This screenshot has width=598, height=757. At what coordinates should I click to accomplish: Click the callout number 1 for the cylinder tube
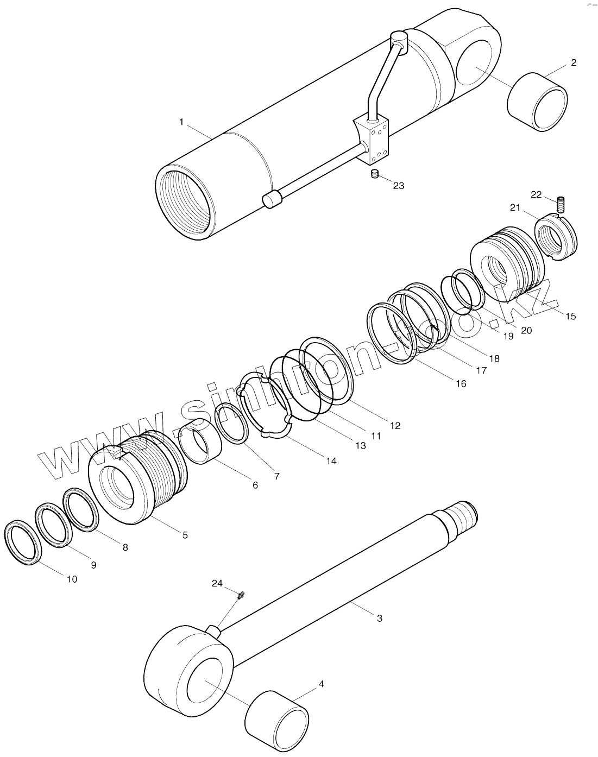(x=181, y=122)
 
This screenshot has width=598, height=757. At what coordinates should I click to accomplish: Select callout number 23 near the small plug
(x=398, y=186)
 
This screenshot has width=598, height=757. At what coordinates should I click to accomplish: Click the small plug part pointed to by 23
(x=374, y=174)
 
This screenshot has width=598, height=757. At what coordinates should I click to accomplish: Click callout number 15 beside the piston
(x=570, y=316)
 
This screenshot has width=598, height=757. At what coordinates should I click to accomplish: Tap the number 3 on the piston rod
(x=380, y=618)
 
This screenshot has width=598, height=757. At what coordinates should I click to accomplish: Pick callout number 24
(x=217, y=583)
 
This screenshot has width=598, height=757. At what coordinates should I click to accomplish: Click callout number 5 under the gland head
(x=185, y=535)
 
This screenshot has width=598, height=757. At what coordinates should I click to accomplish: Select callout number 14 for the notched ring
(x=331, y=461)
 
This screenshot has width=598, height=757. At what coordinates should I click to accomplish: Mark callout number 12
(x=395, y=426)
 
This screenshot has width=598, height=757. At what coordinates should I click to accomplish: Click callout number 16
(x=461, y=383)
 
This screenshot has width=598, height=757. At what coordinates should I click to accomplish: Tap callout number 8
(x=125, y=547)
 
